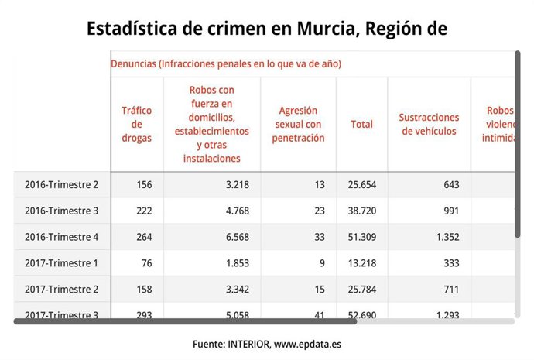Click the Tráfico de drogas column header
pos(136,124)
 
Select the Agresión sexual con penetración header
pos(298,124)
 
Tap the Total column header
pos(361,124)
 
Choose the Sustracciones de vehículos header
pos(429,124)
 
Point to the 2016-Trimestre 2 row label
pos(61,184)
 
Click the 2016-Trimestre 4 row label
pos(61,237)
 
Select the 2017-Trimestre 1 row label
pos(61,263)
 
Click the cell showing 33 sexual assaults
pos(319,237)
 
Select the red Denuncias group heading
pos(226,63)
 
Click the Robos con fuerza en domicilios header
pos(211,124)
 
